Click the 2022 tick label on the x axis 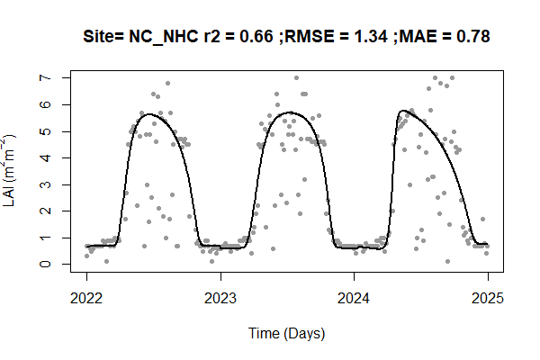pyautogui.click(x=86, y=298)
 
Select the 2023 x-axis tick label pyautogui.click(x=220, y=298)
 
